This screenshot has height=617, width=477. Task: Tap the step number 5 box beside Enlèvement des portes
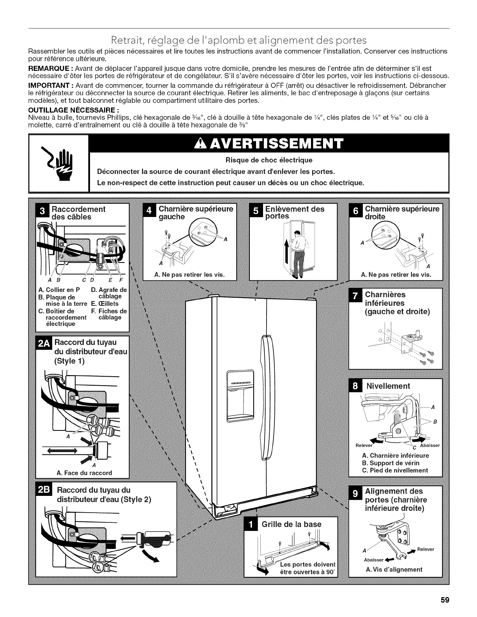pos(256,212)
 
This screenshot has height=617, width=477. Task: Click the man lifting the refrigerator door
pos(299,253)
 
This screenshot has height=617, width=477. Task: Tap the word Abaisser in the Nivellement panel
pos(429,446)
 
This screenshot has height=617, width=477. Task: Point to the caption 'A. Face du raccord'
pos(84,473)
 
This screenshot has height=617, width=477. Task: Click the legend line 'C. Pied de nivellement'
pos(395,470)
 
